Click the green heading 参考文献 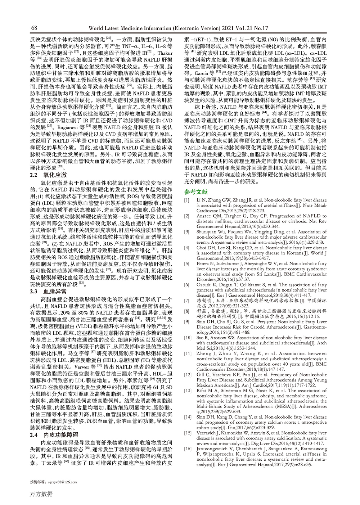196,192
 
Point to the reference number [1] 187,200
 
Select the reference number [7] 187,301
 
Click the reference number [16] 188,449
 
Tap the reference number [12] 188,375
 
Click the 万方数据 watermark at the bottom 41,494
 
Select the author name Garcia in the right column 202,73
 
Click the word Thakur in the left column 165,53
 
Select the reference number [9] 187,322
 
